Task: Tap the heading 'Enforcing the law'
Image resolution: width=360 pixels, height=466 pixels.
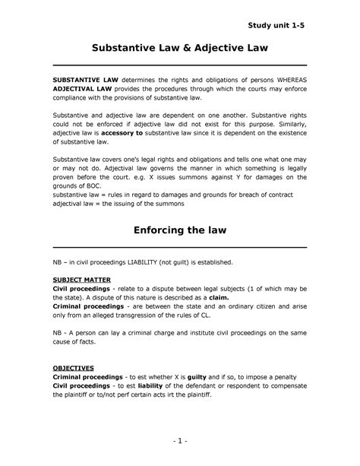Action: (x=179, y=230)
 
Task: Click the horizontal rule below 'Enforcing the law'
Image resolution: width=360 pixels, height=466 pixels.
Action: (x=179, y=247)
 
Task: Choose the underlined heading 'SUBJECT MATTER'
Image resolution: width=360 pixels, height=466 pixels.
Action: (x=83, y=281)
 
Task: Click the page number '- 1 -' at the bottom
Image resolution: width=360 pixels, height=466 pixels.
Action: (x=180, y=440)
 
